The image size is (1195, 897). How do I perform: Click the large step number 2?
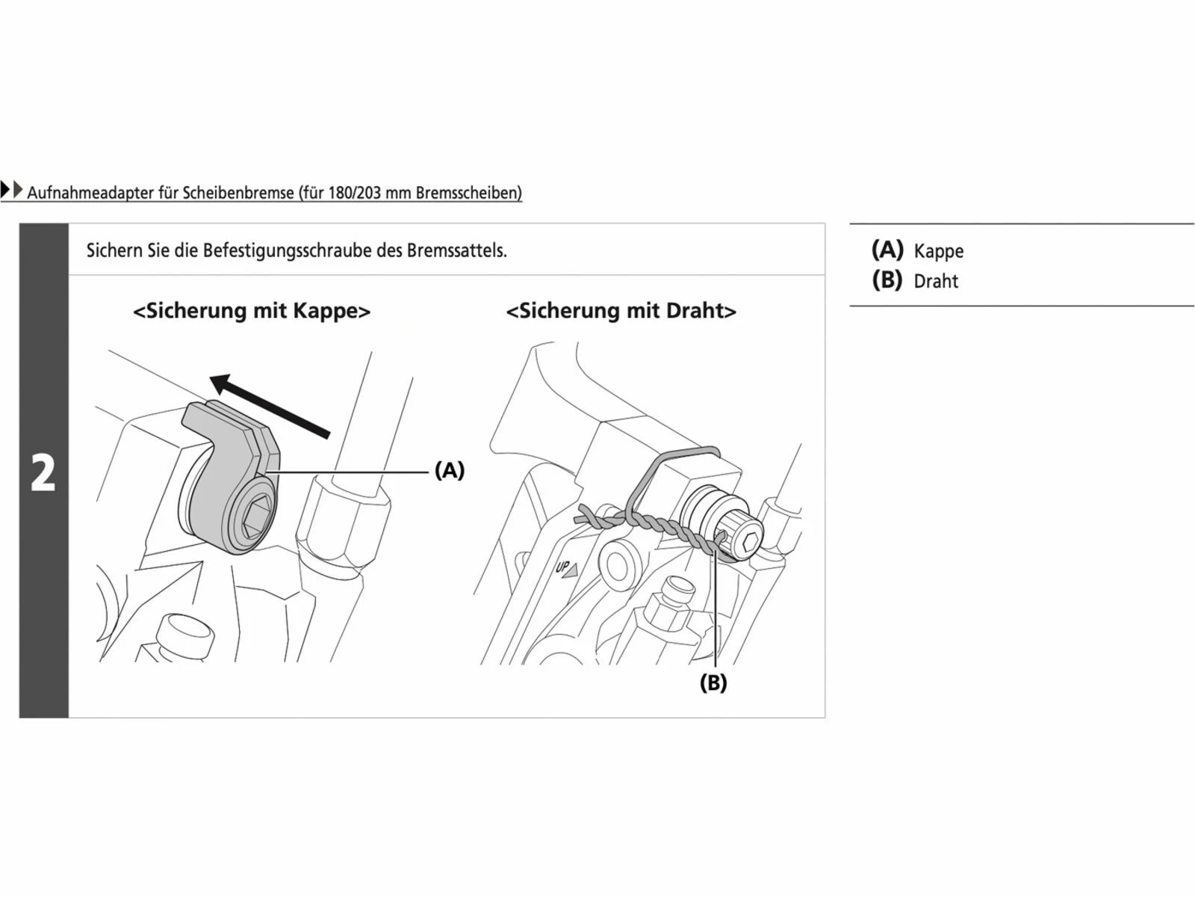point(43,473)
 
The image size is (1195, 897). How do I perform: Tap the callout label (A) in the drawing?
point(450,470)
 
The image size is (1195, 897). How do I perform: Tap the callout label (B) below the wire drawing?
point(713,682)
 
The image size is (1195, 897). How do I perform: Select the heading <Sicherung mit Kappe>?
point(252,311)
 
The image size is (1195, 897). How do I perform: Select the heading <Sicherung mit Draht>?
point(621,311)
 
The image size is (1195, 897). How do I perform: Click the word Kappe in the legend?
point(938,252)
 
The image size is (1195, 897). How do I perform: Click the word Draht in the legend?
point(936,282)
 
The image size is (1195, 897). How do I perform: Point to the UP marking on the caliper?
point(565,568)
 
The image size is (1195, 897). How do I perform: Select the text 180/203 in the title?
point(354,193)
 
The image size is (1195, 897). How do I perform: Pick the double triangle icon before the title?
point(11,190)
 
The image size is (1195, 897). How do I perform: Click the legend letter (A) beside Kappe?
point(887,250)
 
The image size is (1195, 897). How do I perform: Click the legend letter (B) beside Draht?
point(887,280)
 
